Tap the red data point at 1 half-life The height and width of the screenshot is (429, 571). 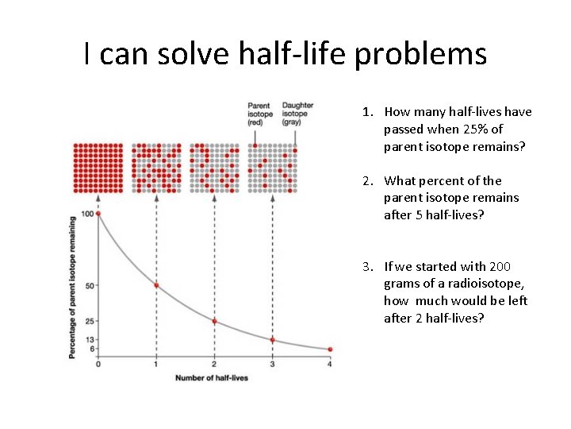tap(156, 285)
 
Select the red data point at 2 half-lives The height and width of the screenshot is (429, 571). tap(214, 321)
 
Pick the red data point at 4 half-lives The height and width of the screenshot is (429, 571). tap(330, 349)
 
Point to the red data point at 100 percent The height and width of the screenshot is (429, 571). tap(99, 214)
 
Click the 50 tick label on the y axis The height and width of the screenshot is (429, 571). tap(90, 285)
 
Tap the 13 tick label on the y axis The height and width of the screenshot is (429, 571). tap(90, 339)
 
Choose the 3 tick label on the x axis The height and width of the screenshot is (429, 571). tap(272, 363)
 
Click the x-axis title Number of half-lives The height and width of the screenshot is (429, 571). tap(212, 377)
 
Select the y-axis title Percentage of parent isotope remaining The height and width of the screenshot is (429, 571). tap(73, 287)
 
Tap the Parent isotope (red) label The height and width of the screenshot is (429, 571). tap(260, 114)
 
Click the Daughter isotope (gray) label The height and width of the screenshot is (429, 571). tap(297, 114)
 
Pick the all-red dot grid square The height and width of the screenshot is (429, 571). tap(98, 168)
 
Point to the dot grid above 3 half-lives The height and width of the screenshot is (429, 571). tap(272, 168)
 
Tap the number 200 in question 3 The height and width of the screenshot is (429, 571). tap(500, 266)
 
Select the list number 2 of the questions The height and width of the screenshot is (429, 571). tap(368, 180)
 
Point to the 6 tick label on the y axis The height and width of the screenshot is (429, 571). tap(92, 349)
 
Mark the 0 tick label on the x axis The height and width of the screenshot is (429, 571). tap(98, 363)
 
